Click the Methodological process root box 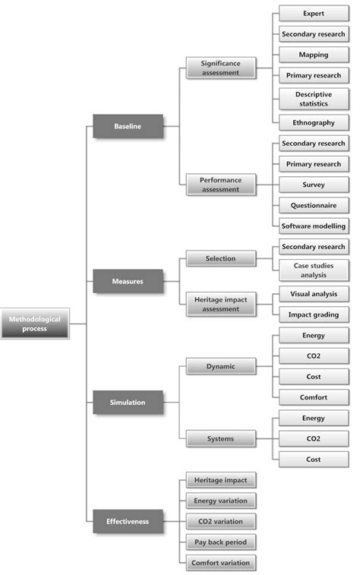click(34, 324)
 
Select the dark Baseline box click(128, 125)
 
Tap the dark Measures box click(128, 281)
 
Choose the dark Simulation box click(128, 403)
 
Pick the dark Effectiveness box click(128, 521)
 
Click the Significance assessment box click(220, 68)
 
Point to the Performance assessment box click(220, 185)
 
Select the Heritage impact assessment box click(220, 304)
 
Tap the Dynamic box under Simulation click(220, 367)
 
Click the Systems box click(220, 438)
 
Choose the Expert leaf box click(313, 14)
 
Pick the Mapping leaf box click(313, 55)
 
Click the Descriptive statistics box click(313, 100)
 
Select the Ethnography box click(313, 122)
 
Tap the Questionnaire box click(313, 205)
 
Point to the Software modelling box click(313, 226)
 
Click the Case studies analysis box click(313, 270)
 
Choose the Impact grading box click(313, 314)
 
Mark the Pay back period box click(220, 542)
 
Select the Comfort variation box click(220, 563)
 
